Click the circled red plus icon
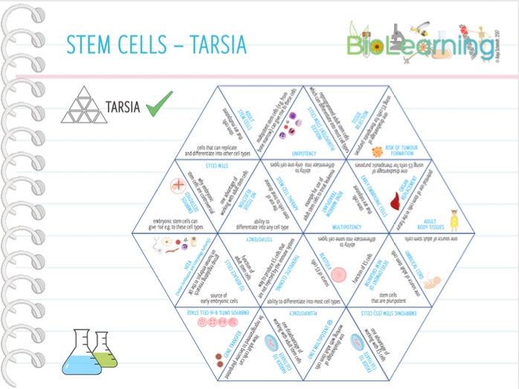click(x=178, y=186)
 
